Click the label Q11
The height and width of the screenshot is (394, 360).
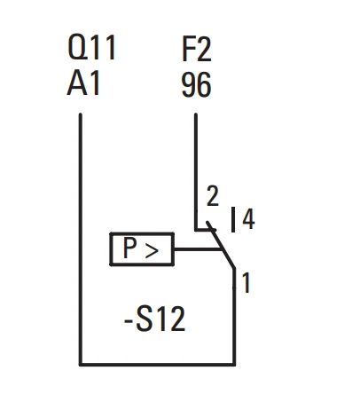[91, 47]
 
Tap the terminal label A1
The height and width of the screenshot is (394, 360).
[83, 83]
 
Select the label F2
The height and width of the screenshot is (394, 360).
[197, 50]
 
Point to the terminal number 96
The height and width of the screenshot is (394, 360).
[196, 85]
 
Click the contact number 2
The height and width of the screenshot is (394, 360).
[213, 196]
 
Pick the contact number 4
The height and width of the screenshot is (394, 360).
[248, 219]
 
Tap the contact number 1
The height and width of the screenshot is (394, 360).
[247, 283]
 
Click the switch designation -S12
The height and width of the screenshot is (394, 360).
[154, 319]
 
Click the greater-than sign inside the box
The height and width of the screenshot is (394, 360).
[152, 252]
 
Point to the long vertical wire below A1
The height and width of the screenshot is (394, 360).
[81, 239]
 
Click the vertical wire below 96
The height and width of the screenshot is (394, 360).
[196, 171]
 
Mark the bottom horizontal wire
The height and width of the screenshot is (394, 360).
[157, 364]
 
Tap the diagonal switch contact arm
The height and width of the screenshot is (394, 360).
[221, 245]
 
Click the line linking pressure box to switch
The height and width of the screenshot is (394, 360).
[198, 249]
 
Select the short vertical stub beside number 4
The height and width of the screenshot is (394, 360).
[233, 219]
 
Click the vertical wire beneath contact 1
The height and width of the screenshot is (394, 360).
[234, 317]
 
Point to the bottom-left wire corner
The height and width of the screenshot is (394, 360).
[81, 364]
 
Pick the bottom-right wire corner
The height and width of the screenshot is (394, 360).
[234, 364]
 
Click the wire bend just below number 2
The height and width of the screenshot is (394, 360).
[196, 230]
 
